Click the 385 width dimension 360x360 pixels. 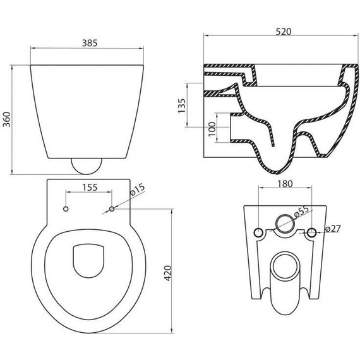(90, 43)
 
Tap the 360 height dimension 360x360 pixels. (7, 119)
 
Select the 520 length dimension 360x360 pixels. (284, 32)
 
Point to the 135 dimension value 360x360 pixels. (182, 106)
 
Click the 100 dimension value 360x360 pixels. (212, 129)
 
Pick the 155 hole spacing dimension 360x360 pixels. (90, 188)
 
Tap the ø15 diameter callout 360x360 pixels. (137, 189)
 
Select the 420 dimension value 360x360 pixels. (168, 273)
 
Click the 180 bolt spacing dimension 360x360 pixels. (285, 184)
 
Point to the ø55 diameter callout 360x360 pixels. (303, 212)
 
